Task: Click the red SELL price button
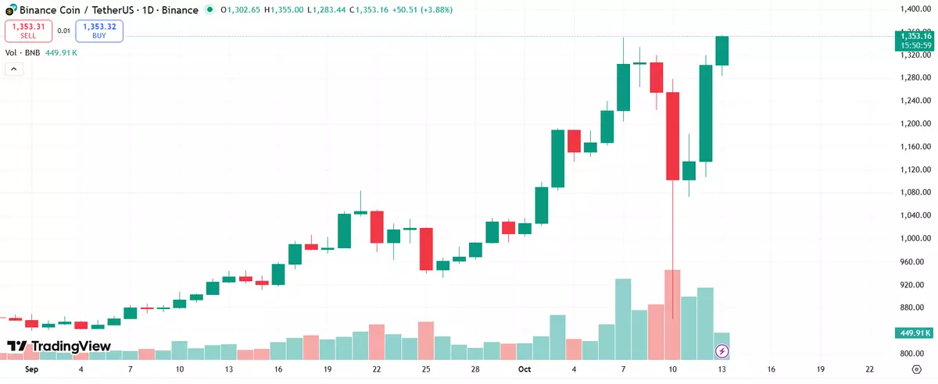coord(28,30)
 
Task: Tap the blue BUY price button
coord(99,30)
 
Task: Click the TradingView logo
coord(59,346)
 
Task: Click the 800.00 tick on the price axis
coord(912,354)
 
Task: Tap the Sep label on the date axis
coord(31,369)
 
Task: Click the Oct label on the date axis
coord(524,369)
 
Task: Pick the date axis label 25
coord(426,369)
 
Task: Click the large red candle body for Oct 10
coord(672,136)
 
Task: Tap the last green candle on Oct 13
coord(721,51)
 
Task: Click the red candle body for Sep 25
coord(426,249)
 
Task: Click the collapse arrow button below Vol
coord(13,69)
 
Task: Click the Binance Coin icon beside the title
coord(9,9)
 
